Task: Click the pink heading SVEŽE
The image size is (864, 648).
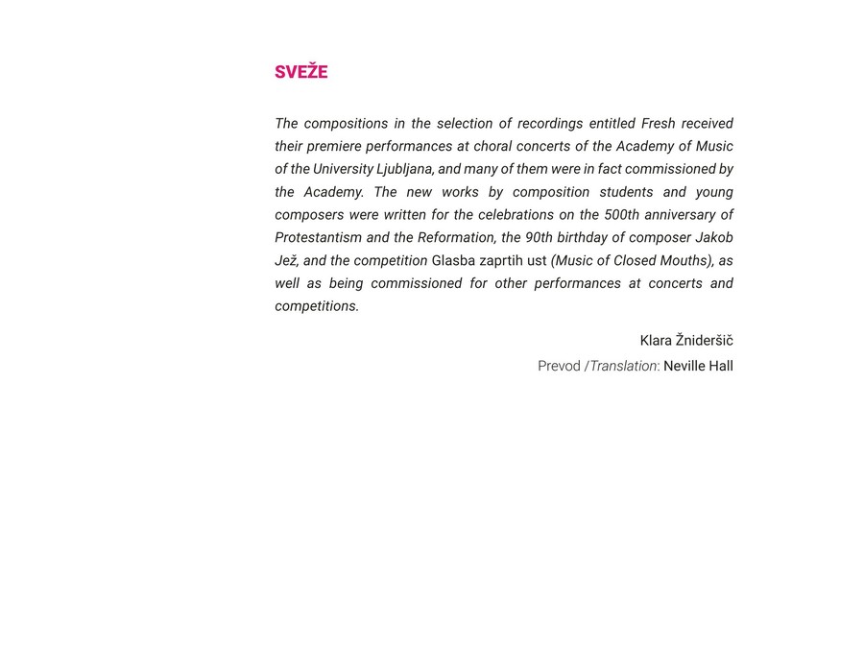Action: (x=300, y=72)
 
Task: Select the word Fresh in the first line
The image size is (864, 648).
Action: (x=658, y=124)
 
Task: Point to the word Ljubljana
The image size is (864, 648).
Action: (x=403, y=169)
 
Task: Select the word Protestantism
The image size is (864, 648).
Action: (x=318, y=238)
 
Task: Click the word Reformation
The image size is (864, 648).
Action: (x=456, y=238)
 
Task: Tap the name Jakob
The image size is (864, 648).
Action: (x=714, y=238)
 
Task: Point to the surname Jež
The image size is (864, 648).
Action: (x=286, y=261)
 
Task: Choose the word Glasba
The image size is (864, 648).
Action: (x=453, y=261)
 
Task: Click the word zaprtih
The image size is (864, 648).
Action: (x=501, y=261)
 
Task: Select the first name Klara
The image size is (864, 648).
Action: (x=656, y=341)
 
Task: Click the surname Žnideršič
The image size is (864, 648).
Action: (x=705, y=341)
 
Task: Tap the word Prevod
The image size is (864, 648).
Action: (x=559, y=366)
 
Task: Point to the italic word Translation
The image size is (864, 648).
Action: (x=623, y=366)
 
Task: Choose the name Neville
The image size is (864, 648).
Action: (x=684, y=366)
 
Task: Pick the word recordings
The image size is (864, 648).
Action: (x=550, y=124)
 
